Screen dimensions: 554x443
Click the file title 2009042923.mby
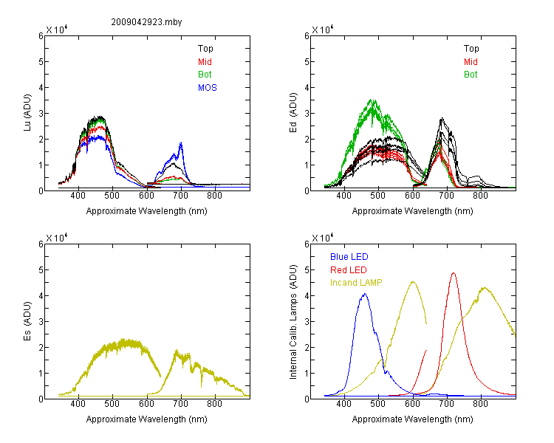(x=146, y=22)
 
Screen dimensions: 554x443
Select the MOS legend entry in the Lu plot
(x=208, y=88)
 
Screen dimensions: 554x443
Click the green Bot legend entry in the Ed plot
(x=471, y=75)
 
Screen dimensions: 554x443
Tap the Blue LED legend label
(x=349, y=257)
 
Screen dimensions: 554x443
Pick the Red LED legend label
(x=349, y=270)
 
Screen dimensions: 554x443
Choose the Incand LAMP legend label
(x=356, y=283)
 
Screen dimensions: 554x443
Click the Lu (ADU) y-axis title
(x=27, y=112)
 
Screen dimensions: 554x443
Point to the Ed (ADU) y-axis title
(x=293, y=113)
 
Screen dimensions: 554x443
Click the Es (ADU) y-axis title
(x=27, y=321)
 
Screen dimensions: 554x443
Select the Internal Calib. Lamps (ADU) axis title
(x=293, y=322)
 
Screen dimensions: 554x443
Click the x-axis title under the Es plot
(x=147, y=419)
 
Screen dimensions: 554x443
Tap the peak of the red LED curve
(x=454, y=272)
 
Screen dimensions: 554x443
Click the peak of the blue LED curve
(x=365, y=294)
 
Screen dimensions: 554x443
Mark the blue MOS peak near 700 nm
(x=181, y=142)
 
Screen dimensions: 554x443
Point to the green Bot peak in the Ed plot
(x=372, y=100)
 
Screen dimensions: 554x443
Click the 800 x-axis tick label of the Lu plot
(x=214, y=196)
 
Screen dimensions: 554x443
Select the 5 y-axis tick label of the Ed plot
(x=307, y=62)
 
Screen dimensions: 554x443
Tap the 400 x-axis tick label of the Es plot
(x=78, y=404)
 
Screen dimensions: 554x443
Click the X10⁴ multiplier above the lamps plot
(x=323, y=238)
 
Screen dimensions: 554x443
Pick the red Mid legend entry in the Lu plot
(x=205, y=62)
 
